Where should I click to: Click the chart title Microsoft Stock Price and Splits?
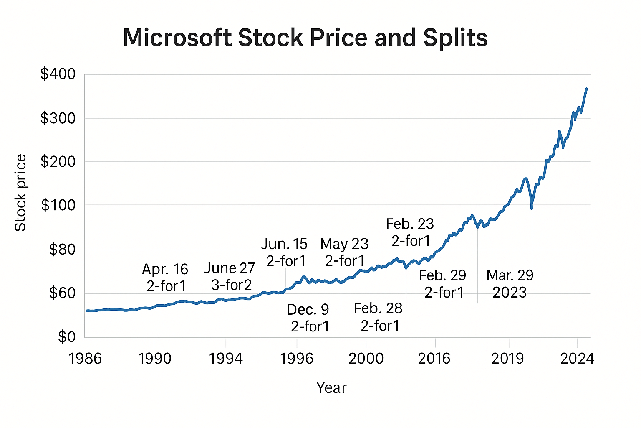pyautogui.click(x=305, y=38)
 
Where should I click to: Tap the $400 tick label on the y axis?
pyautogui.click(x=58, y=74)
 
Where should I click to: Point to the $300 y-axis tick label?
pyautogui.click(x=58, y=118)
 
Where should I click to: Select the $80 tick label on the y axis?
pyautogui.click(x=62, y=250)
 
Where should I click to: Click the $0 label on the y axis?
pyautogui.click(x=67, y=337)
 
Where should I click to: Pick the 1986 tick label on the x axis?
pyautogui.click(x=86, y=359)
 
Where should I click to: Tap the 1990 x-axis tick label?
pyautogui.click(x=155, y=359)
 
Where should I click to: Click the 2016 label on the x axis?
pyautogui.click(x=434, y=359)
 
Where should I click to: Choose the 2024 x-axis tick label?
pyautogui.click(x=577, y=359)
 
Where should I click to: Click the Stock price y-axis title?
pyautogui.click(x=20, y=193)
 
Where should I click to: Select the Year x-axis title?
pyautogui.click(x=331, y=388)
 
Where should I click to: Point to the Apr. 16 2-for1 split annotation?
pyautogui.click(x=166, y=278)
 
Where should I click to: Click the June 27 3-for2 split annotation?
pyautogui.click(x=230, y=277)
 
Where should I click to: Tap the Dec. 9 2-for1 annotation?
pyautogui.click(x=309, y=318)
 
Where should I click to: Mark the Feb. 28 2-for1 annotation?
pyautogui.click(x=379, y=317)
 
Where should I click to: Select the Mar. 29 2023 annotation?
pyautogui.click(x=510, y=284)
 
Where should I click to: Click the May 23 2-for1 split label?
pyautogui.click(x=345, y=252)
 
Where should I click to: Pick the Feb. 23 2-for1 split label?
pyautogui.click(x=410, y=232)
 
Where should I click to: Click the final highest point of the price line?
pyautogui.click(x=586, y=89)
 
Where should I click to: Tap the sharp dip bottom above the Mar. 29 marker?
pyautogui.click(x=531, y=208)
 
